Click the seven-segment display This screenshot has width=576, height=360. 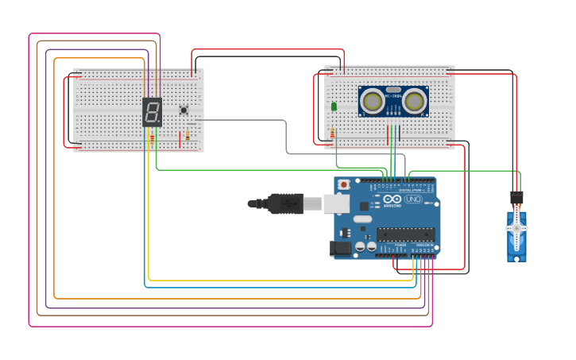tap(152, 112)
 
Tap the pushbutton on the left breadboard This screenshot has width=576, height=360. tap(184, 110)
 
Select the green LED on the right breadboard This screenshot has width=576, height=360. tap(334, 106)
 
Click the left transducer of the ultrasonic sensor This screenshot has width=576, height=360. tap(372, 101)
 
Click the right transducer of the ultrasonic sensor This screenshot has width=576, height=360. tap(414, 101)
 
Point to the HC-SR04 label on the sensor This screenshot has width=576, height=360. tap(393, 96)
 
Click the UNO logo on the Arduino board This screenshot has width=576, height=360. tap(413, 199)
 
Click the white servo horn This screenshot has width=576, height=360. tap(516, 227)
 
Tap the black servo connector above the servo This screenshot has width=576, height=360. tap(516, 196)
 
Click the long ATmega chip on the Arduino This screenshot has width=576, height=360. tap(405, 234)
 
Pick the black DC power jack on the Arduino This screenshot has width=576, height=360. tap(341, 248)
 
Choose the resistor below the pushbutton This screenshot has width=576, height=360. tap(187, 136)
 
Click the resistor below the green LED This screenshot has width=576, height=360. tap(332, 134)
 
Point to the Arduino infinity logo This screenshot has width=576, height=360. tap(392, 199)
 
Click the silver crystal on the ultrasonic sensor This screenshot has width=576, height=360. tap(393, 90)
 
